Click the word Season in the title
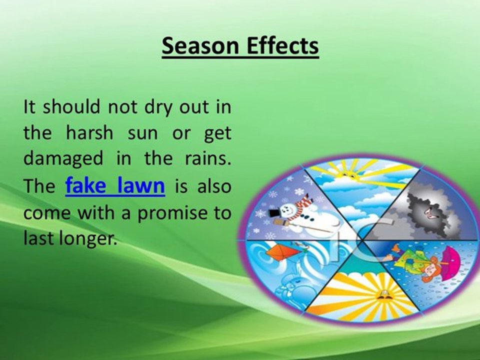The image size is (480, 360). (x=200, y=45)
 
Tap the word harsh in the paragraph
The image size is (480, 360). (x=89, y=133)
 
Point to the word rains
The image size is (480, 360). (x=208, y=158)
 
